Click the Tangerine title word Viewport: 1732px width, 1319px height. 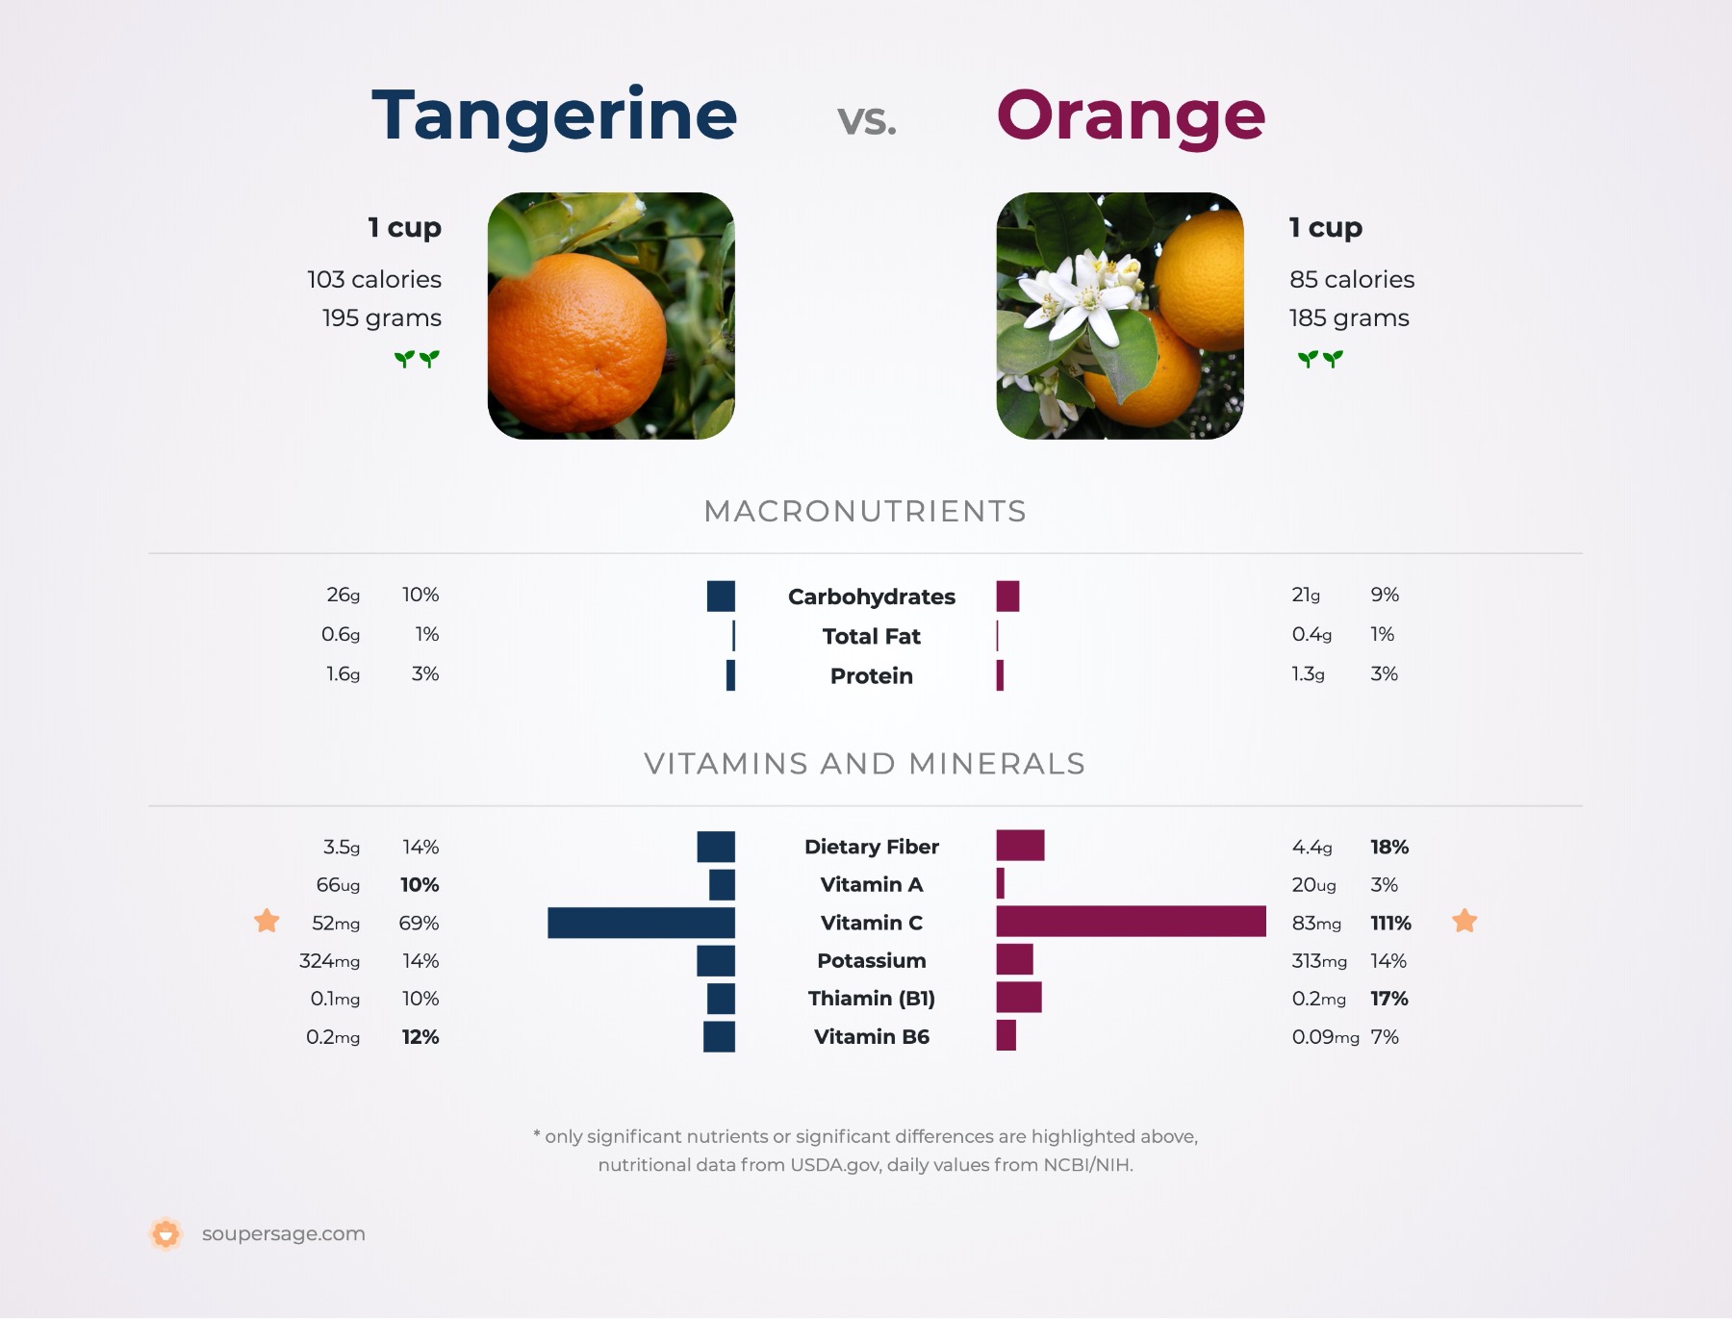tap(554, 115)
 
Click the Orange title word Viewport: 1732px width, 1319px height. tap(1131, 115)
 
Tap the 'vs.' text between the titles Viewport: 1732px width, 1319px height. tap(866, 120)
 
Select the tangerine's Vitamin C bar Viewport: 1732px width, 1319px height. tap(641, 923)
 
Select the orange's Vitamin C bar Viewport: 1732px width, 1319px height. tap(1131, 922)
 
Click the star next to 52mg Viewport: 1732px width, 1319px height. tap(267, 921)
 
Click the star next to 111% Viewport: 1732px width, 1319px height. tap(1465, 921)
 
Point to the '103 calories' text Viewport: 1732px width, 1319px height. tap(374, 279)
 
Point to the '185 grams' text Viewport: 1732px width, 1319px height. tap(1349, 317)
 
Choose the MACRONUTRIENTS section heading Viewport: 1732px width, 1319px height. tap(865, 511)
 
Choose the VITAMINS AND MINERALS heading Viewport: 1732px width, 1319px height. tap(865, 763)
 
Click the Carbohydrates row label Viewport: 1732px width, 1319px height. tap(871, 596)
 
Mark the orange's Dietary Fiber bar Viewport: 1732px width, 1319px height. tap(1020, 846)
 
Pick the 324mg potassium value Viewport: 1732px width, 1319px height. tap(329, 960)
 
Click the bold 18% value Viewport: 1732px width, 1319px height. tap(1388, 847)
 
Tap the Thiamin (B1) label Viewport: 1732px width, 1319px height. tap(871, 999)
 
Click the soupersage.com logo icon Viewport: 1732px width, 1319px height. tap(166, 1233)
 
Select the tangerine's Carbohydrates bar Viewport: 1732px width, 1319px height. tap(721, 596)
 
